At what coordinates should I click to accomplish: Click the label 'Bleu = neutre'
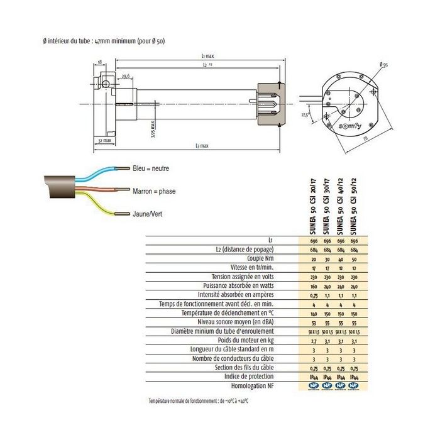[151, 168]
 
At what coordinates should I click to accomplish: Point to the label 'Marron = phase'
[154, 190]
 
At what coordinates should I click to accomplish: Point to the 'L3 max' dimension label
[201, 146]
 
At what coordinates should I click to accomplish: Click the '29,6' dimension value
[126, 76]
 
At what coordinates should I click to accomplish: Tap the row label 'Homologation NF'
[267, 385]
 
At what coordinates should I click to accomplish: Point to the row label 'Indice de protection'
[264, 376]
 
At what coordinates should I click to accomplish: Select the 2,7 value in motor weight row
[313, 340]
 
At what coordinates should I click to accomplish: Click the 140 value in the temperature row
[313, 313]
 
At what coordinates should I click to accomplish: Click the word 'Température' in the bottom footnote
[163, 400]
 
